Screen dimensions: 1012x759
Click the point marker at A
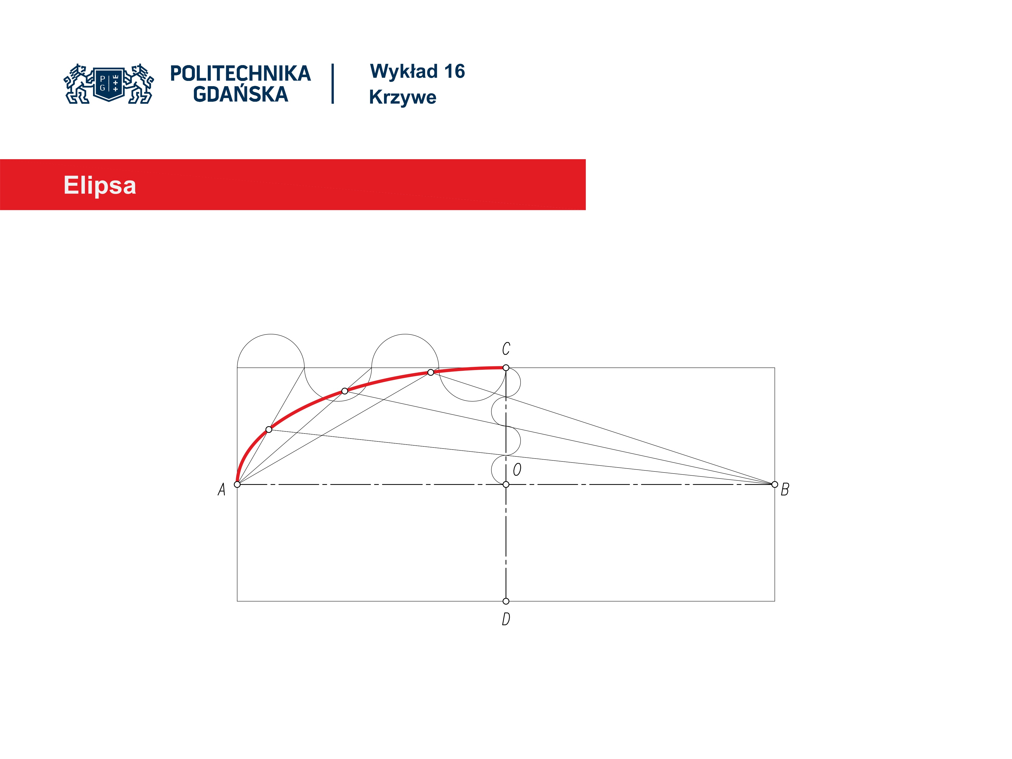click(x=237, y=484)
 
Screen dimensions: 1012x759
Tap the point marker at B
click(x=775, y=484)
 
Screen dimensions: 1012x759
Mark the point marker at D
click(x=506, y=601)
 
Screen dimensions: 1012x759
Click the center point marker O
click(x=506, y=484)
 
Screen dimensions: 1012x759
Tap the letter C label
click(x=506, y=349)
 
